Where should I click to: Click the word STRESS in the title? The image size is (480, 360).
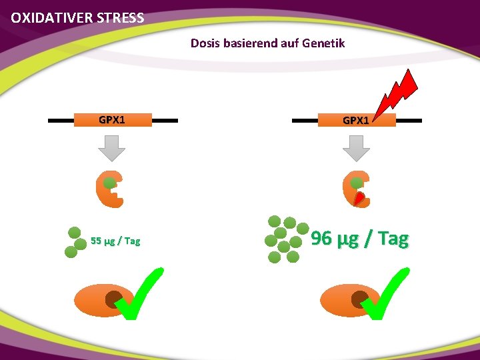[x=119, y=18]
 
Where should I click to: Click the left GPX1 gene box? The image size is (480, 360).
[x=112, y=120]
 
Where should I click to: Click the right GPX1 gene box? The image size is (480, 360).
[x=356, y=120]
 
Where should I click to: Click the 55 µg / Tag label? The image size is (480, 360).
[x=115, y=241]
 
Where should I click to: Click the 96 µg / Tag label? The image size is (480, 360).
[x=360, y=238]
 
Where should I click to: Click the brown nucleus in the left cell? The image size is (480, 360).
[x=114, y=299]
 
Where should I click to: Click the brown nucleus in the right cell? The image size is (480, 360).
[x=360, y=299]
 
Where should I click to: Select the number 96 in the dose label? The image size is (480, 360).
[x=321, y=238]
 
